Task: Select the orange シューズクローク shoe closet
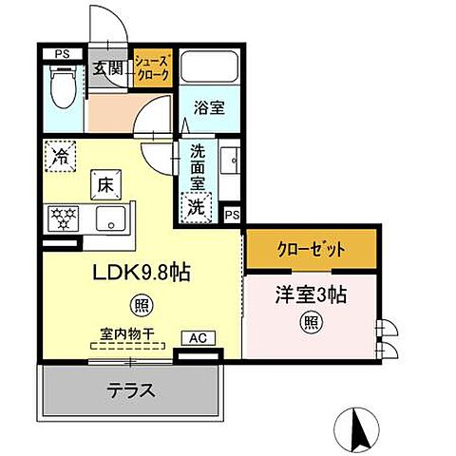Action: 151,68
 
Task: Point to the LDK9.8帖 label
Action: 140,273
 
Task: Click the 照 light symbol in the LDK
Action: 139,306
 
